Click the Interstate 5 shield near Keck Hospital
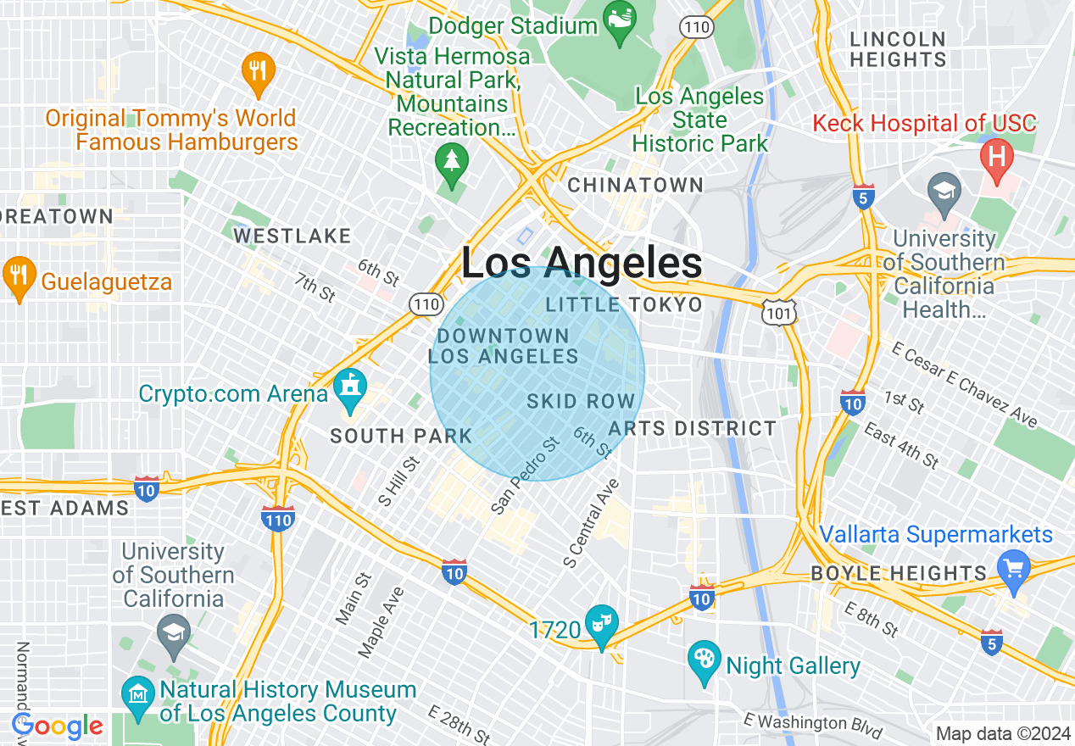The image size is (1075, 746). tap(864, 197)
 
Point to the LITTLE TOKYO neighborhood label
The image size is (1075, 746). tap(624, 304)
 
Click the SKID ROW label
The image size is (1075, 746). tap(581, 401)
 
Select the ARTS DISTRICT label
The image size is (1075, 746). tap(692, 428)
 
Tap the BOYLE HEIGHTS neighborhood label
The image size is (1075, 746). tap(900, 574)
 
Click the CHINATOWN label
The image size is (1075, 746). tap(636, 185)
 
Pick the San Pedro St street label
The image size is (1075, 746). tap(526, 476)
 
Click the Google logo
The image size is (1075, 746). tap(58, 727)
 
